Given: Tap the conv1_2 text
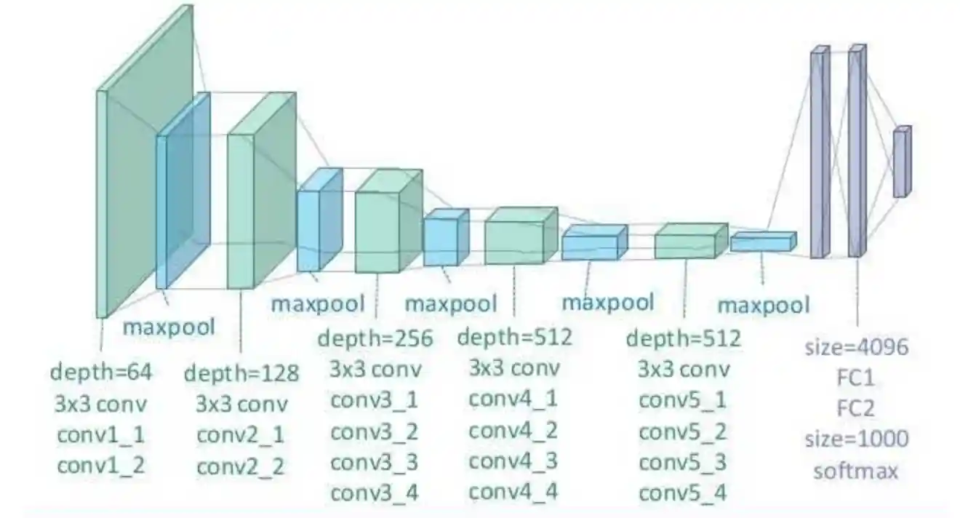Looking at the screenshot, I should pyautogui.click(x=100, y=464).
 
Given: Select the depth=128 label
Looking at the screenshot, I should pyautogui.click(x=241, y=374).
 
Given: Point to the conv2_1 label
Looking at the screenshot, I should pyautogui.click(x=241, y=435).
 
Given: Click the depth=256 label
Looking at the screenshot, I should pyautogui.click(x=375, y=338).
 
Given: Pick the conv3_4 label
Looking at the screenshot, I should pyautogui.click(x=375, y=493).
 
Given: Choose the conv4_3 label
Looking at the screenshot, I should pyautogui.click(x=513, y=461).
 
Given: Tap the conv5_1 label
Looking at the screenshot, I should pyautogui.click(x=683, y=400).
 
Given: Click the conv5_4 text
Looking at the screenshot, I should pyautogui.click(x=683, y=493).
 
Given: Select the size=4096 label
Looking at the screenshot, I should pyautogui.click(x=856, y=346).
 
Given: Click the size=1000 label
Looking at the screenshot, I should pyautogui.click(x=856, y=439).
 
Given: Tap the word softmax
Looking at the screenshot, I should pyautogui.click(x=856, y=471).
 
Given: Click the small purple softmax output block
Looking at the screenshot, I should pyautogui.click(x=901, y=162).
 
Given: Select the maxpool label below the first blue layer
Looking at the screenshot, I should pyautogui.click(x=169, y=327).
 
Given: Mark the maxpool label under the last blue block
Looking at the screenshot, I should pyautogui.click(x=763, y=305).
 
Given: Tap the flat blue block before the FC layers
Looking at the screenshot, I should pyautogui.click(x=762, y=242).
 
